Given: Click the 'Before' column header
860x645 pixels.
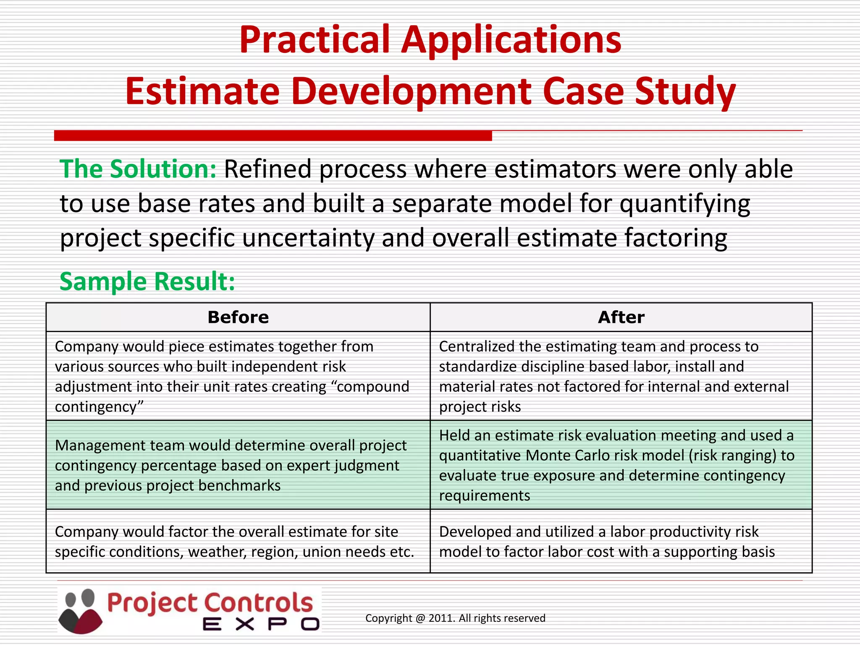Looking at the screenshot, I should tap(238, 317).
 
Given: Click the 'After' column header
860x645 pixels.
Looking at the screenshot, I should tap(621, 317).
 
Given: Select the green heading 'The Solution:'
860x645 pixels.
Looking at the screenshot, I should tap(138, 169).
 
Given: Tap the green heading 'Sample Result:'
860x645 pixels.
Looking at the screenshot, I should tap(147, 281).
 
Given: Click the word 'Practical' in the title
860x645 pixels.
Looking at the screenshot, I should tap(315, 40).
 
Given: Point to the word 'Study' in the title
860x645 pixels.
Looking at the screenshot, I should tap(685, 92).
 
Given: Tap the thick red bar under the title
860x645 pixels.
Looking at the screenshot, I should tap(273, 136).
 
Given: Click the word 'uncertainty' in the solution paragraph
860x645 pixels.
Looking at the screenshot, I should tap(307, 238).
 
